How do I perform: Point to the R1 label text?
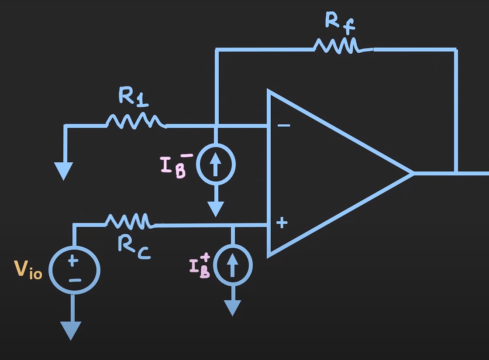point(133,97)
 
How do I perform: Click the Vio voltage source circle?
point(75,271)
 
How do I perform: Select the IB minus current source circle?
point(216,165)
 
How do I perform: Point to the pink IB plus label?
point(200,265)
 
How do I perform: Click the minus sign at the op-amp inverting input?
point(284,126)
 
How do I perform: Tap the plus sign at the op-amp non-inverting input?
point(282,223)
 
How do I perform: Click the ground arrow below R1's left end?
point(64,171)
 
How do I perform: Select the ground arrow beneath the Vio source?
point(70,330)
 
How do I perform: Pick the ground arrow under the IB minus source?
point(216,209)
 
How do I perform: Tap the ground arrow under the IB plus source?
point(233,308)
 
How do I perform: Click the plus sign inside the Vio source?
point(73,261)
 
